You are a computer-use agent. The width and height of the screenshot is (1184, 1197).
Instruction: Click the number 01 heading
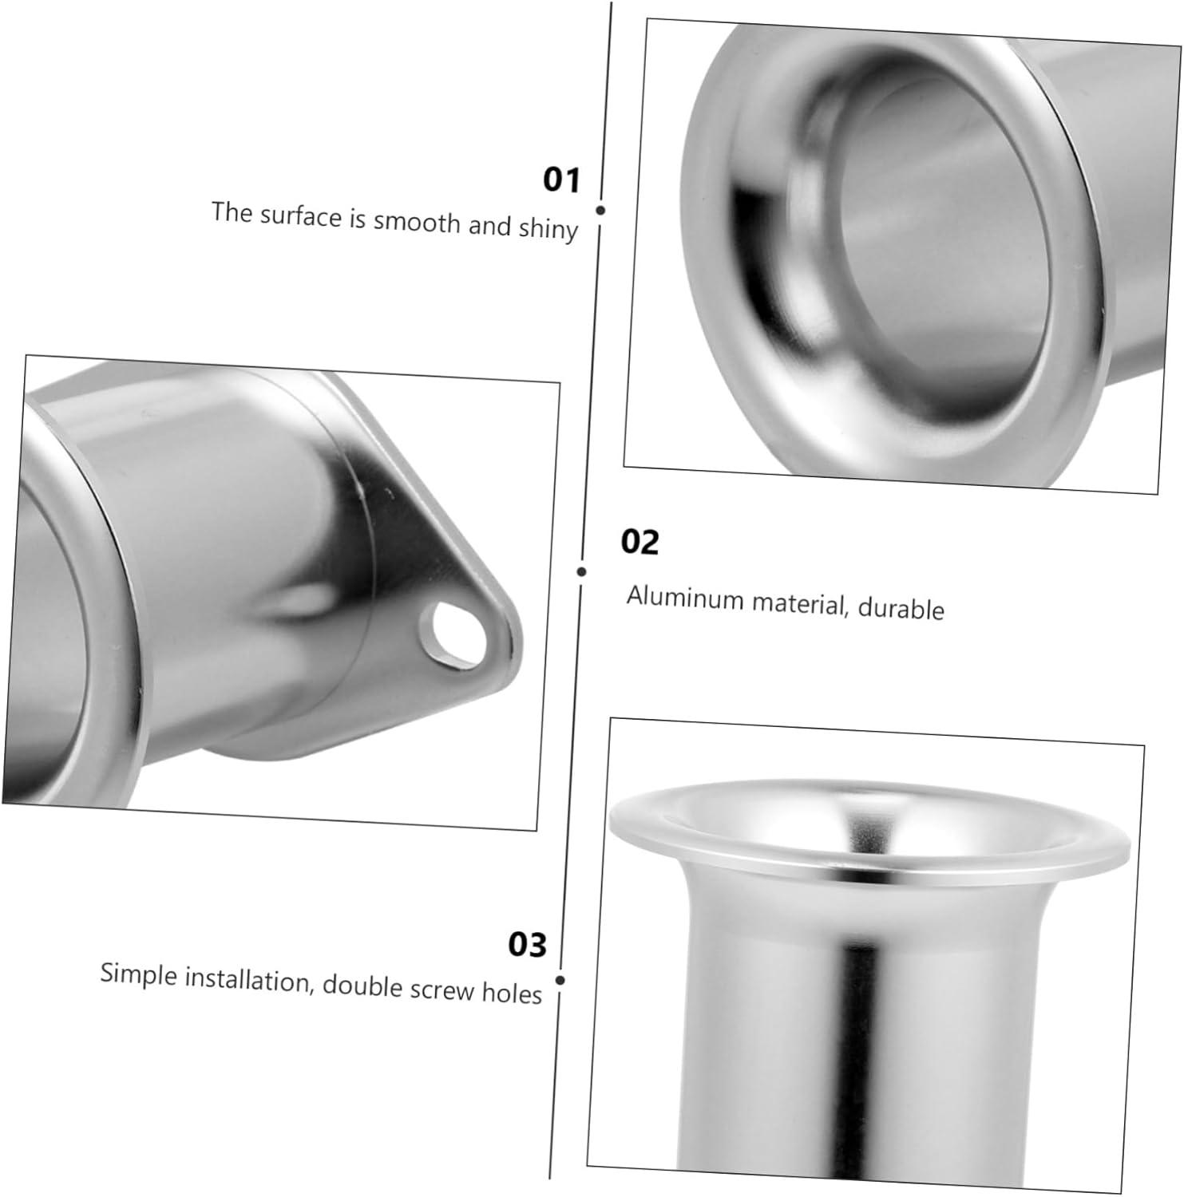click(561, 180)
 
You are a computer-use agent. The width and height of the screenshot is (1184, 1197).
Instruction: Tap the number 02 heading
click(640, 542)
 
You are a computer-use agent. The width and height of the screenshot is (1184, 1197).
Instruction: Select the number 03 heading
click(527, 944)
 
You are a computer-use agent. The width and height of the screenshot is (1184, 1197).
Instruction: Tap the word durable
click(901, 609)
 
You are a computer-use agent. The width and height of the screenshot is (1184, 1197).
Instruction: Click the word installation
click(247, 980)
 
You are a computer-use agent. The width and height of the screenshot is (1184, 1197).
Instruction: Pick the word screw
click(442, 990)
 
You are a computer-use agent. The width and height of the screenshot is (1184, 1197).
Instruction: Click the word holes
click(512, 993)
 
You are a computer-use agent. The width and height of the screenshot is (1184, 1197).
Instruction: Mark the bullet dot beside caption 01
click(600, 211)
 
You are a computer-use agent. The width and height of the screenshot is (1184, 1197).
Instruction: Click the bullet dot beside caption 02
click(581, 571)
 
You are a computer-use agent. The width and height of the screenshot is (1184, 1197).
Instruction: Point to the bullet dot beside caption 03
click(560, 980)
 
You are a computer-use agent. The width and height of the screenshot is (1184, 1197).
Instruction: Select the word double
click(362, 986)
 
